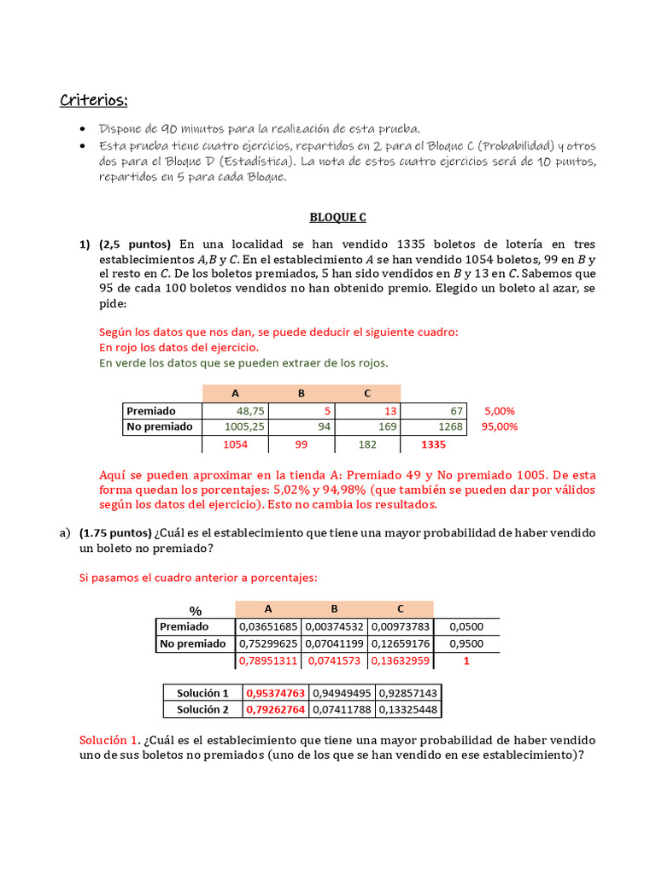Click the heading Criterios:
(x=93, y=101)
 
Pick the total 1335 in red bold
(x=433, y=444)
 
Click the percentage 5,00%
(x=501, y=411)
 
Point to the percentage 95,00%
(x=500, y=426)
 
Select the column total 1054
(x=235, y=444)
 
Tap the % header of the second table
(x=195, y=610)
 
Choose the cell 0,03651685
(x=268, y=626)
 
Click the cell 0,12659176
(x=401, y=643)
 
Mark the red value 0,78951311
(x=268, y=661)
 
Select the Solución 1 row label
(x=202, y=693)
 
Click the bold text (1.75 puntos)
(x=115, y=532)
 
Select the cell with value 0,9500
(x=466, y=643)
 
